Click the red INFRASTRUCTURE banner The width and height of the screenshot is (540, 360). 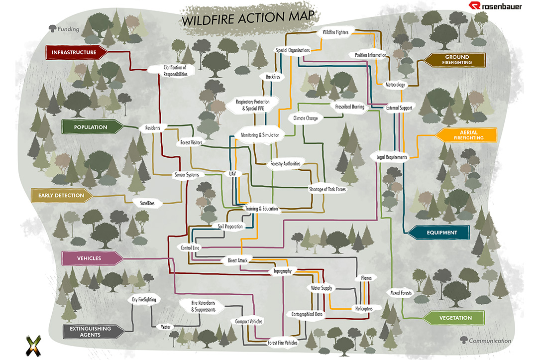pos(76,52)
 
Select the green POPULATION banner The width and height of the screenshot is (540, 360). pos(92,127)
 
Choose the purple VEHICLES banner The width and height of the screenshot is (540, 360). pos(92,258)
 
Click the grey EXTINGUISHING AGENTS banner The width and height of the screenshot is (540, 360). pos(94,332)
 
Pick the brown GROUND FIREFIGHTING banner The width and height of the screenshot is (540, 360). pos(454,60)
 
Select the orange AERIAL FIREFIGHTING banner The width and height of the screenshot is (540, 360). pos(466,135)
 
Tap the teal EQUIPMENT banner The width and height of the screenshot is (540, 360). pos(438,233)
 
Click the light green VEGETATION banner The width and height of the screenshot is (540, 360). pos(453,318)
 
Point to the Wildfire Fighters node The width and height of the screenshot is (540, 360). pos(335,32)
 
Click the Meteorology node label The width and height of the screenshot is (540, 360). pos(395,85)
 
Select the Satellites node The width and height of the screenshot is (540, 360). pos(147,203)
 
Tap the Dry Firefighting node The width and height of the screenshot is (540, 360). pos(144,300)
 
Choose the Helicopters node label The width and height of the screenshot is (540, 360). pos(364,309)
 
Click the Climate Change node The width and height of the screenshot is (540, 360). pos(306,118)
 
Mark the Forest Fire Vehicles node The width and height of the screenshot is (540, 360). pos(282,343)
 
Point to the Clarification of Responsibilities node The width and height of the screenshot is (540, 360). pos(175,71)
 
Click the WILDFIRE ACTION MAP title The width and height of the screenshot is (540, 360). pos(248,18)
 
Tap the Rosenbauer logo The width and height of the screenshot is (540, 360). pos(495,6)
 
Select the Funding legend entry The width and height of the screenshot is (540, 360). pos(64,29)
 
